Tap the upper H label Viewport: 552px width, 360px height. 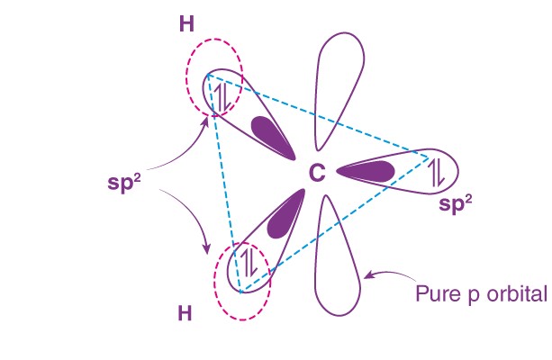pos(187,23)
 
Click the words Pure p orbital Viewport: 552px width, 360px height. pos(481,293)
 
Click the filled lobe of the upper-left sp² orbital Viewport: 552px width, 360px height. pos(267,133)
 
